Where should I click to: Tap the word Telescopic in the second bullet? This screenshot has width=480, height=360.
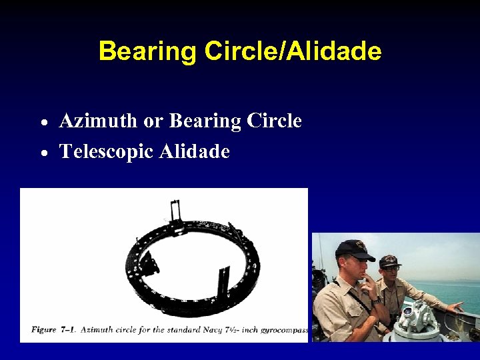[x=107, y=152]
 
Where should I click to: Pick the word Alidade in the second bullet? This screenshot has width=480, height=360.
[x=195, y=152]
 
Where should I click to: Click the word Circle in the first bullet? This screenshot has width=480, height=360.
[x=274, y=121]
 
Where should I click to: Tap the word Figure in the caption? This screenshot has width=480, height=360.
[x=43, y=330]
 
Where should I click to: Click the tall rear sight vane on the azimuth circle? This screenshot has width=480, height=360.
[x=176, y=212]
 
